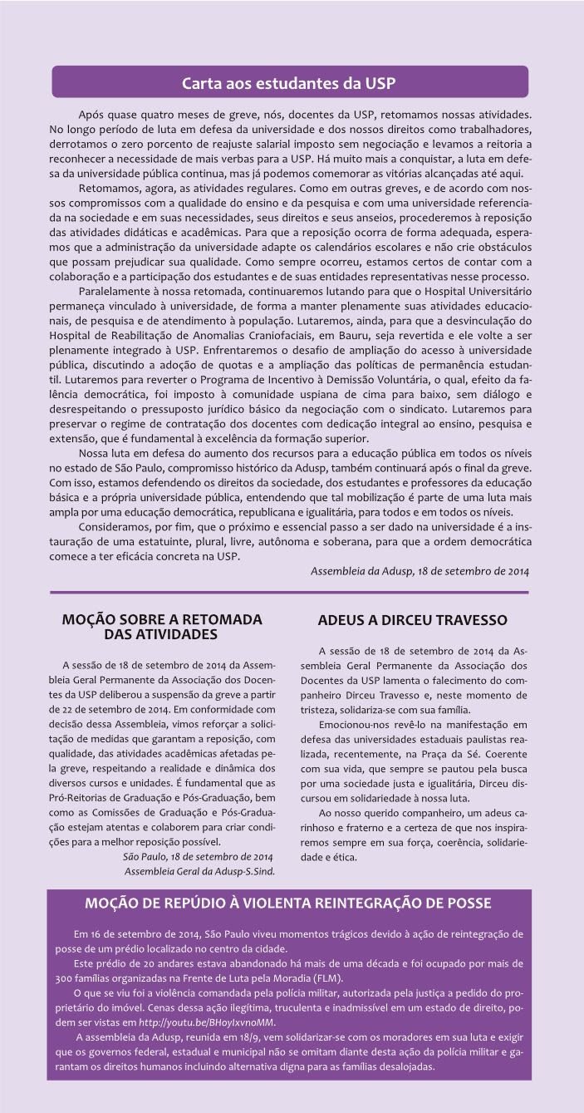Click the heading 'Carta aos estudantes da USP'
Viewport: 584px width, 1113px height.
coord(290,83)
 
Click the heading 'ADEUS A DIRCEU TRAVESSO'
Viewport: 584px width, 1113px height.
coord(412,620)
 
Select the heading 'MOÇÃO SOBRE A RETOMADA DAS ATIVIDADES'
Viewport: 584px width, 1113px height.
coord(162,627)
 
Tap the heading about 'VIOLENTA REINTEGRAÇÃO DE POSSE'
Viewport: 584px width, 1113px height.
coord(288,904)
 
